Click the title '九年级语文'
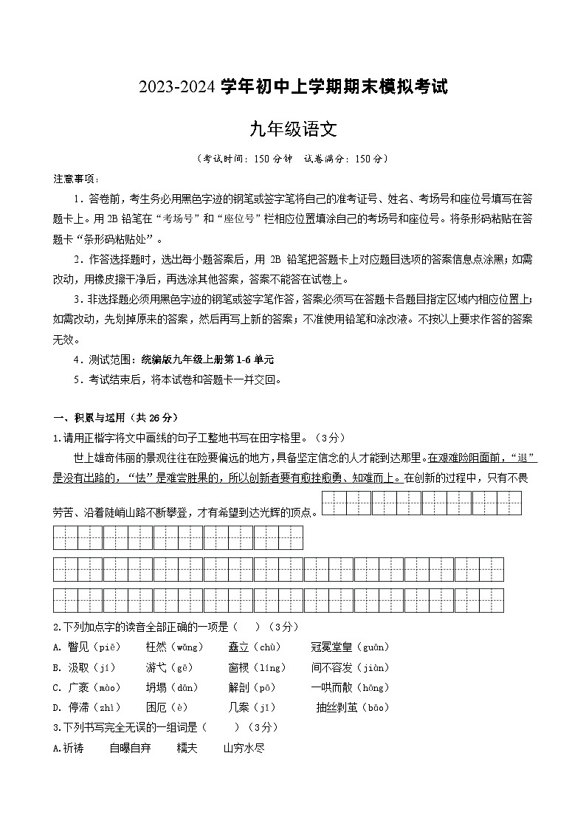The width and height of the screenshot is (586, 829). (293, 130)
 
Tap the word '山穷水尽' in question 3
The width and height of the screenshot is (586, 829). (244, 748)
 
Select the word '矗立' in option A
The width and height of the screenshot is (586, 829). (239, 647)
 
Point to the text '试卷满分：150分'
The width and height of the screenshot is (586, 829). (344, 158)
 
